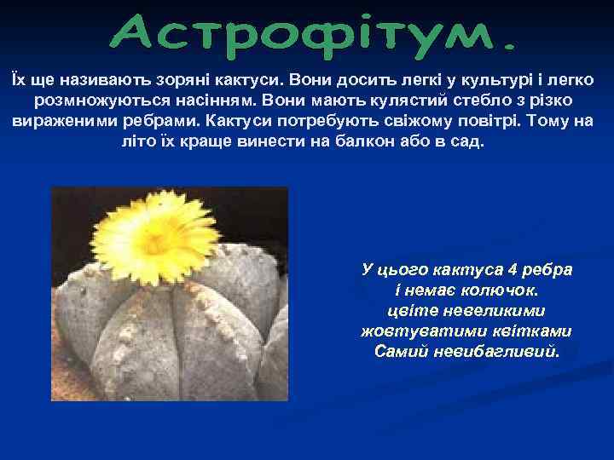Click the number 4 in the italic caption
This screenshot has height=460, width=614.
tap(512, 270)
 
